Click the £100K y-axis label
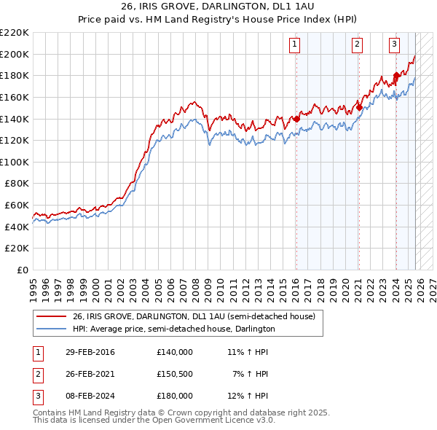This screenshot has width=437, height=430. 15,162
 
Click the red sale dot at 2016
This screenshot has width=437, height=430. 296,119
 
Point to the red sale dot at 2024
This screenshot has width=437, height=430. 395,75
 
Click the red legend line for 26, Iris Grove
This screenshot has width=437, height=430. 51,317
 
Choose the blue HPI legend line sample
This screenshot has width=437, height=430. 51,329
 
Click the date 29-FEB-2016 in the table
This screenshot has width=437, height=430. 89,352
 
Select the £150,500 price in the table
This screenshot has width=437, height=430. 174,374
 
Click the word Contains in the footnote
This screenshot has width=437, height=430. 51,413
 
